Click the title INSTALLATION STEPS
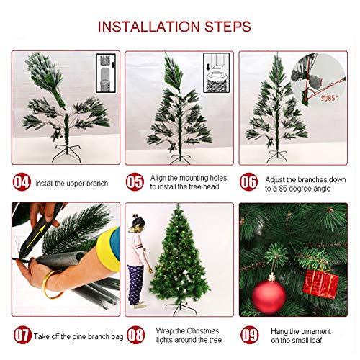coord(180,27)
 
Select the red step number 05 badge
coord(136,183)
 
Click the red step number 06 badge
coord(249,183)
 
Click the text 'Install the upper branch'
coord(71,184)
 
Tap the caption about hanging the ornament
coord(302,336)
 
